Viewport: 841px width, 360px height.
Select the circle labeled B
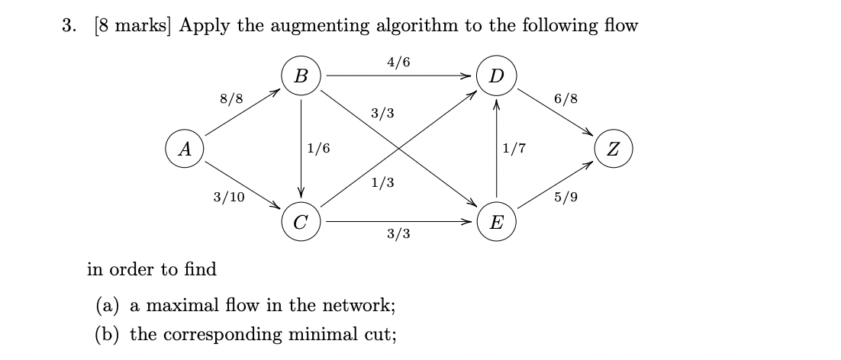[x=301, y=76]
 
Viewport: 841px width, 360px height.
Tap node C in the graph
[x=301, y=222]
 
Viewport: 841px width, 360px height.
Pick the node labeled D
[x=497, y=76]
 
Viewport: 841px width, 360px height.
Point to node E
[x=497, y=222]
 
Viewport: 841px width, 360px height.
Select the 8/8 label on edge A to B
[x=231, y=98]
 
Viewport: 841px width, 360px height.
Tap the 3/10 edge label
[x=229, y=198]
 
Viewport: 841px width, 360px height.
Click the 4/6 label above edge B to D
[x=398, y=62]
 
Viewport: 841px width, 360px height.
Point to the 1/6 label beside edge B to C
[x=318, y=149]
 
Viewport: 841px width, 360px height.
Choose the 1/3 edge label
[x=382, y=183]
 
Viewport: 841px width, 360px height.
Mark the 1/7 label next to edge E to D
[x=514, y=149]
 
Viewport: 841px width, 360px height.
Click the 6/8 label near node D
[x=566, y=98]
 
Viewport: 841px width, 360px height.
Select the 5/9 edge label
[x=566, y=198]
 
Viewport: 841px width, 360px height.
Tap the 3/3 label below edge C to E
[x=398, y=234]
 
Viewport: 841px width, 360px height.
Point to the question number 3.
[x=69, y=26]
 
